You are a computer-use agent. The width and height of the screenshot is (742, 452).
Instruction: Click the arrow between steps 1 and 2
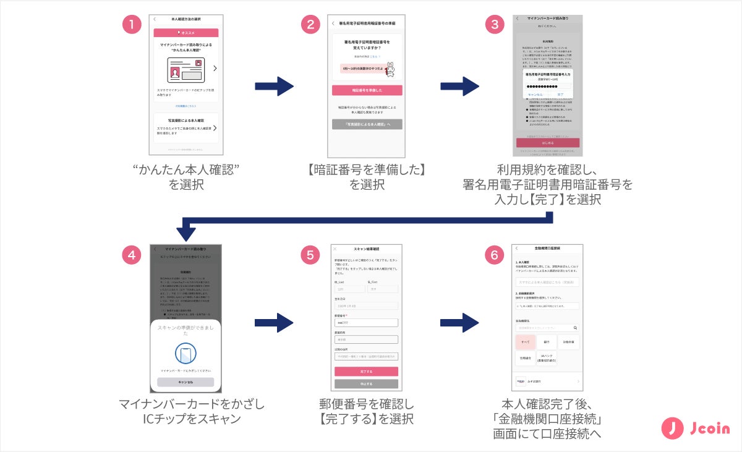point(274,86)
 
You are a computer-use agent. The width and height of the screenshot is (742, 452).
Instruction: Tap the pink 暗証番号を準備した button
point(367,90)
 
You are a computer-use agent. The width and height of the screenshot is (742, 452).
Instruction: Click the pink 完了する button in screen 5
point(366,372)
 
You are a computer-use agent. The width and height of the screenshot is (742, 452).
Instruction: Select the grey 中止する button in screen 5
point(366,384)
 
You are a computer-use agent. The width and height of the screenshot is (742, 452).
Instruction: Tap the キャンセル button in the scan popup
point(185,382)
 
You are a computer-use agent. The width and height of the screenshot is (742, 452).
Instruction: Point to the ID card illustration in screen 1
point(185,70)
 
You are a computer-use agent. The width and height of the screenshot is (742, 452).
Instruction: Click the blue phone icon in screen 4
point(185,354)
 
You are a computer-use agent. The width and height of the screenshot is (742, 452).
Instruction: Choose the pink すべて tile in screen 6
point(526,341)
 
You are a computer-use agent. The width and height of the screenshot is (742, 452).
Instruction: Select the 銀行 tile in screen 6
point(547,341)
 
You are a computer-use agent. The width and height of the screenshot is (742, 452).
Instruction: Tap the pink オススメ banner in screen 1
point(185,33)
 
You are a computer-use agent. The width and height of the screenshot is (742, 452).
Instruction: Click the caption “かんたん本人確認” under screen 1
point(185,169)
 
